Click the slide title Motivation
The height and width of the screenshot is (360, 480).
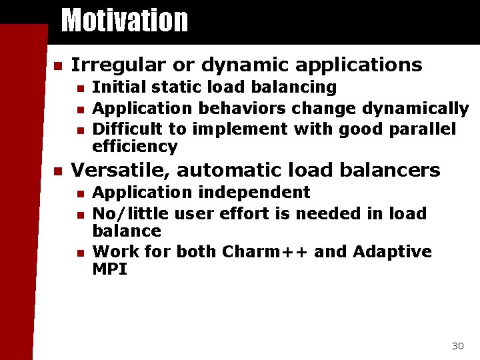coord(125,20)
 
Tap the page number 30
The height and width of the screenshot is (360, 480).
coord(457,345)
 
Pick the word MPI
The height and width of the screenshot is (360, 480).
coord(109,269)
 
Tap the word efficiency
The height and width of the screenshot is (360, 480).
coord(135,147)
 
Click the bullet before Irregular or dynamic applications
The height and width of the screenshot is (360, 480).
coord(57,66)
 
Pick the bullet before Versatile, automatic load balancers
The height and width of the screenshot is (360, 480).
coord(57,171)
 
